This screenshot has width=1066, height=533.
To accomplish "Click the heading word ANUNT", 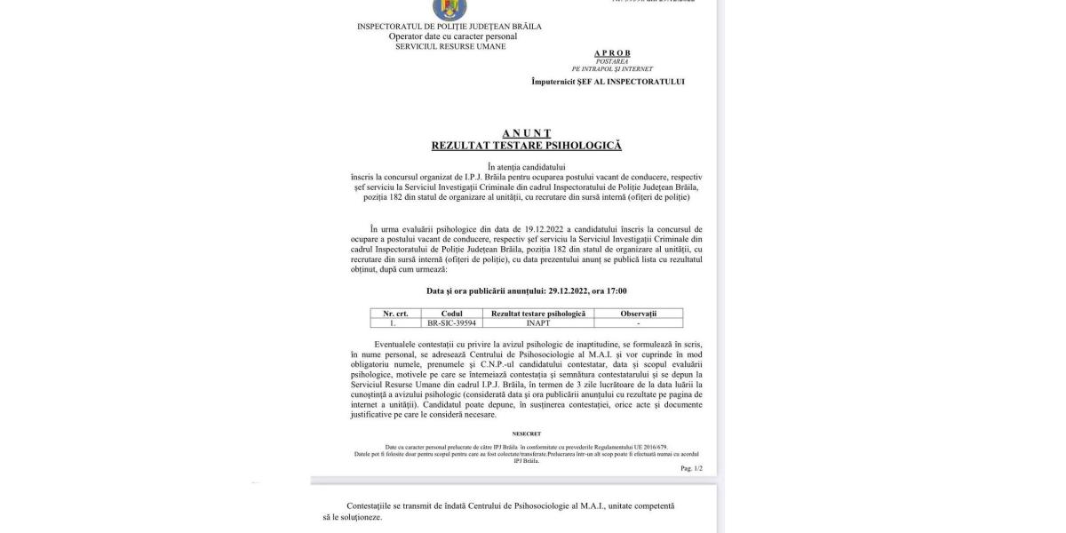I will click(x=526, y=132).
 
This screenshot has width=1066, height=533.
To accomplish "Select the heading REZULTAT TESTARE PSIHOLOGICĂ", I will click(x=526, y=145).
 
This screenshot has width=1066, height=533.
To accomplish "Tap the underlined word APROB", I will click(x=612, y=53).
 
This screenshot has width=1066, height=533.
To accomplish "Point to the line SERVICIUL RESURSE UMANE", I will click(x=450, y=46).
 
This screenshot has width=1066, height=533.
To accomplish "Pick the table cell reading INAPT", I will click(x=538, y=323).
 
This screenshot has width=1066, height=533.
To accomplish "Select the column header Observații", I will click(x=638, y=314).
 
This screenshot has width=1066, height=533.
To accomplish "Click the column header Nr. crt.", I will click(x=395, y=314).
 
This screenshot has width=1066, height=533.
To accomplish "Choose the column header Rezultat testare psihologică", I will click(x=538, y=314).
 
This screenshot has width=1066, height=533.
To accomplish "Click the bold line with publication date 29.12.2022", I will click(x=527, y=290).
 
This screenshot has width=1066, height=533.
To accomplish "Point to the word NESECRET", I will click(x=527, y=434).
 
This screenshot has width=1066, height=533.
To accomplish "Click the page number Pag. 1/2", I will click(x=691, y=468).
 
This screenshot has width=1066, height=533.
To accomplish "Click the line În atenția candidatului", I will click(x=527, y=166).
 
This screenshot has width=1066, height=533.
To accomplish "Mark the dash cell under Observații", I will click(x=638, y=323).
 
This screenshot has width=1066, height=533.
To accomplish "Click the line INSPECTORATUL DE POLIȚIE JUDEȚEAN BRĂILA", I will click(x=449, y=27).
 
